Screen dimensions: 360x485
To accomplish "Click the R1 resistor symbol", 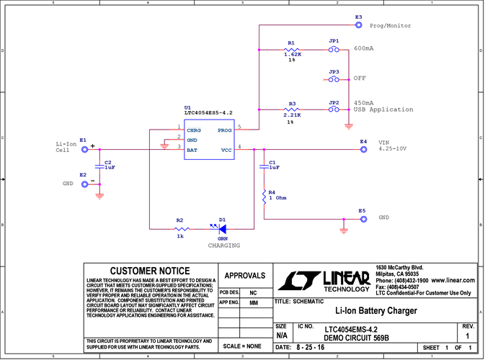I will tap(290, 50).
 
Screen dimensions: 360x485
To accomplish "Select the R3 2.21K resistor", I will tap(290, 110).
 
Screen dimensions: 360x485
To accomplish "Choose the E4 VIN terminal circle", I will tap(363, 150).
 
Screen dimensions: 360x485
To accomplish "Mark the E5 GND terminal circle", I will tap(363, 219).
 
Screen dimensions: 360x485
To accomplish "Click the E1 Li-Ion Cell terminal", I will tap(84, 150).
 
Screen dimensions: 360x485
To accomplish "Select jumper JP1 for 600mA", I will tap(334, 50).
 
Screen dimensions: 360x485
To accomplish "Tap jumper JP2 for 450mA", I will tap(334, 110).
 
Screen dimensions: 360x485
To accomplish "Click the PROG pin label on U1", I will tap(224, 131).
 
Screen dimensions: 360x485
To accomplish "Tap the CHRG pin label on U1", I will tap(193, 131).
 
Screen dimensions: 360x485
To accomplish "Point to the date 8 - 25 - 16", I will tap(310, 348).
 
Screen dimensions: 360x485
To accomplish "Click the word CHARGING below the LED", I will tap(224, 246).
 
